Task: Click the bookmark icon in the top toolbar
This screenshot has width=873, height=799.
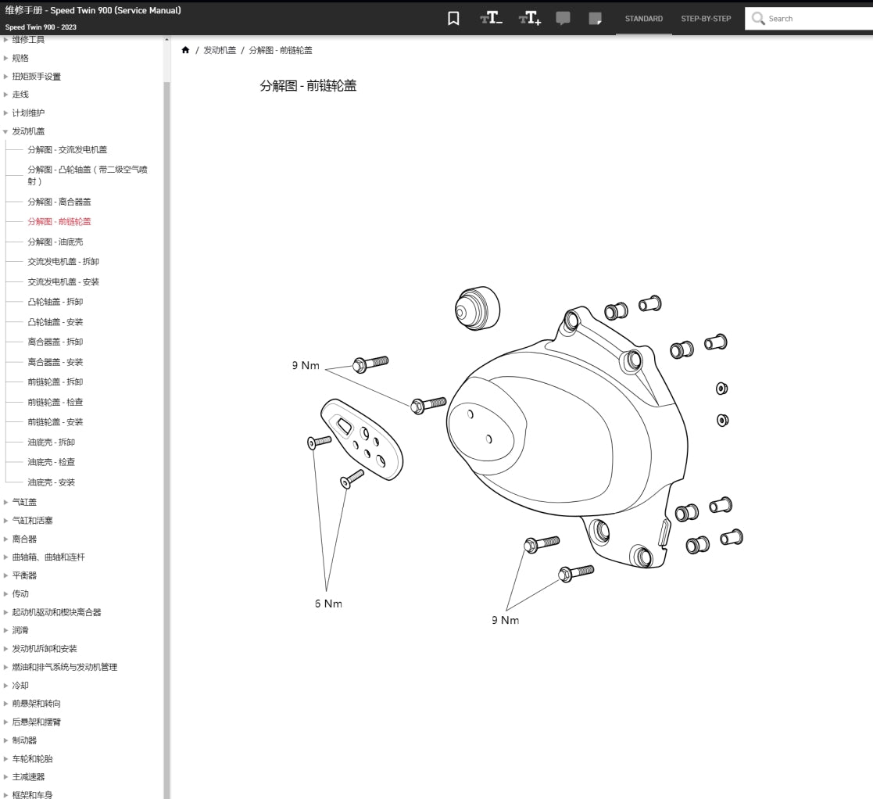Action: pos(453,19)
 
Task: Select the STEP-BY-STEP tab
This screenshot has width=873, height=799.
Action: pos(706,19)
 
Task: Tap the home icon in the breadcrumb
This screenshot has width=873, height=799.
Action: pos(185,50)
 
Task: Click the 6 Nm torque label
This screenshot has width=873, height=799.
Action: pos(328,604)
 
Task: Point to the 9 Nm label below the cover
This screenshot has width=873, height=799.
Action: pos(505,620)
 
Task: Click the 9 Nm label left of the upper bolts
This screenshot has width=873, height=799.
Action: pos(306,365)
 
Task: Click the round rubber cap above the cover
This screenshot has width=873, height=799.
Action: pos(477,307)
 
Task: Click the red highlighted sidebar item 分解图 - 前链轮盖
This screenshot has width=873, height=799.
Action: pos(59,221)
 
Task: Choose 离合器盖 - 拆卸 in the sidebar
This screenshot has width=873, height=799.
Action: pos(55,342)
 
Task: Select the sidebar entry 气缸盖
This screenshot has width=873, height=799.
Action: pos(24,502)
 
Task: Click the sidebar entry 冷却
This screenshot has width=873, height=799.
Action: pos(20,686)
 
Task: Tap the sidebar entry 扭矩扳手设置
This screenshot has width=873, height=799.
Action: pos(36,77)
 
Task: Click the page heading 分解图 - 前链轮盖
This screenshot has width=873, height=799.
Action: pos(308,86)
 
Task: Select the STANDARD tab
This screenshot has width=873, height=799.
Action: pos(643,19)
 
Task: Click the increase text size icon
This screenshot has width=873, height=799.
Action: pos(529,19)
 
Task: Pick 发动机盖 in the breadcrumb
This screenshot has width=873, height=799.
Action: pos(220,50)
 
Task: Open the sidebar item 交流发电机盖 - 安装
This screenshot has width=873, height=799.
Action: pos(63,281)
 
